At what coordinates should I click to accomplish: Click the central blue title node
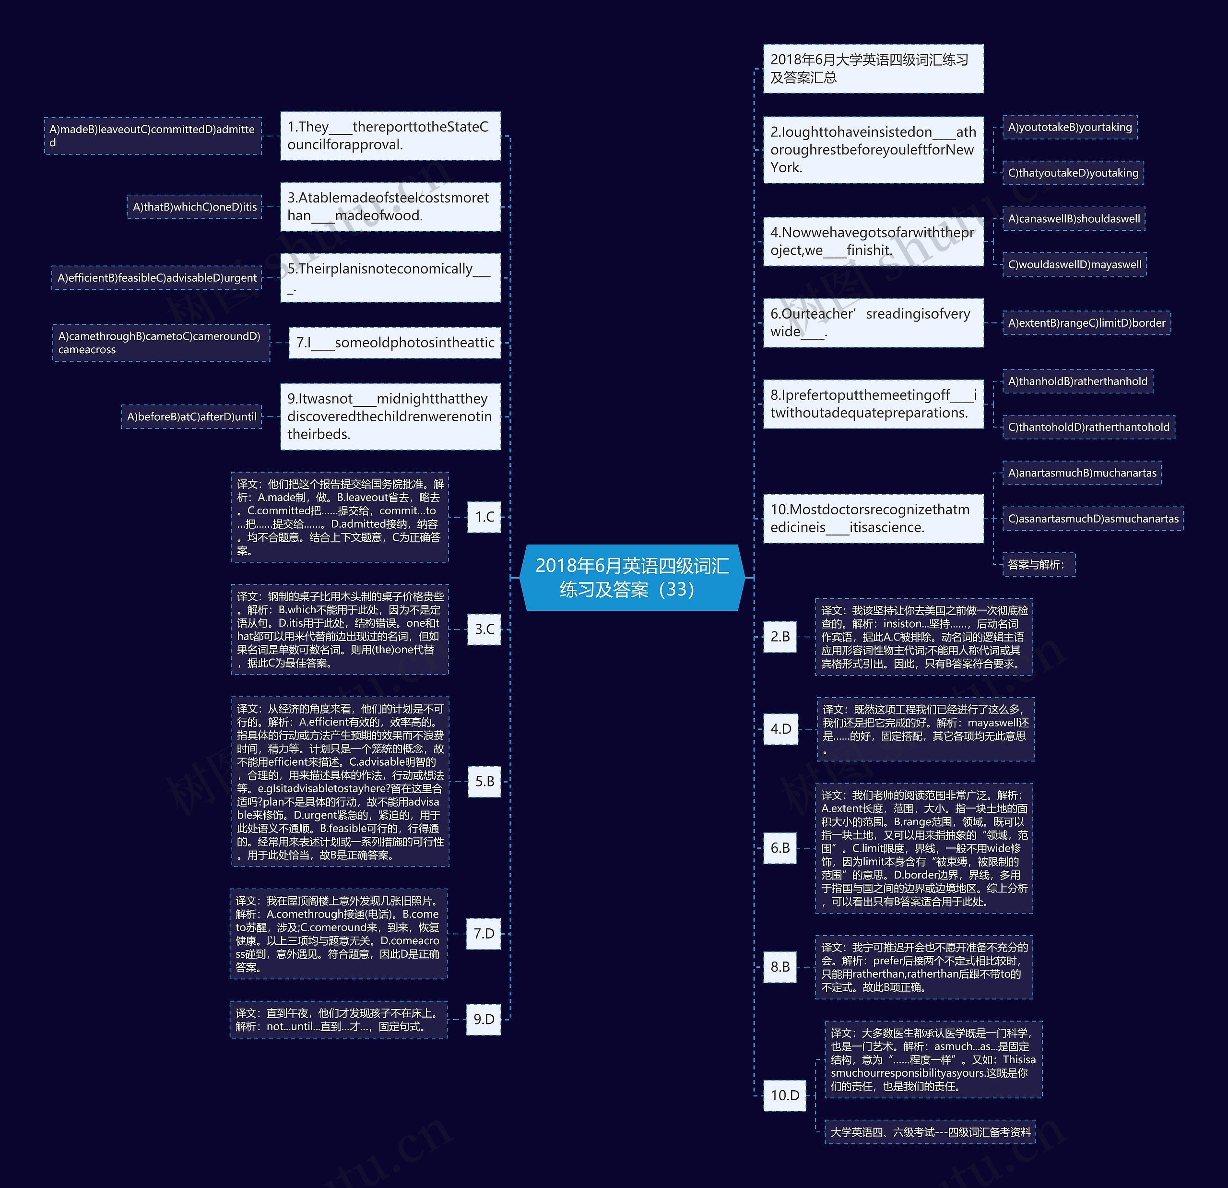click(x=632, y=577)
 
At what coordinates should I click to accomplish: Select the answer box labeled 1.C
click(x=484, y=517)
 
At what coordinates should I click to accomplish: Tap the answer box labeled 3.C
click(x=484, y=629)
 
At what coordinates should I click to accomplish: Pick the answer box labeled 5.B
click(x=484, y=781)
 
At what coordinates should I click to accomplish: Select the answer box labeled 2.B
click(x=780, y=637)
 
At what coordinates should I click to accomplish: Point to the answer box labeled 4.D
click(x=780, y=729)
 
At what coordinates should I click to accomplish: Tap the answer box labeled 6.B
click(x=780, y=848)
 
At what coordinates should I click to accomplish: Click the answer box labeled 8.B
click(x=780, y=967)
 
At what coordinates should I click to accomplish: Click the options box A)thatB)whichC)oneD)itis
click(x=194, y=207)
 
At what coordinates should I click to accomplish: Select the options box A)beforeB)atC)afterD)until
click(x=192, y=416)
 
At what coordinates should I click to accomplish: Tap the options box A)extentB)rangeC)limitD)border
click(x=1086, y=323)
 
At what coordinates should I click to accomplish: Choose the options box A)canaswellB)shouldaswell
click(x=1074, y=219)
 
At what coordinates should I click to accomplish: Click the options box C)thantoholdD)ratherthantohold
click(x=1088, y=428)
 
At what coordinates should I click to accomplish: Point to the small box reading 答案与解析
click(x=1038, y=565)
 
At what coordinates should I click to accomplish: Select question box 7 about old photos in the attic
click(x=395, y=343)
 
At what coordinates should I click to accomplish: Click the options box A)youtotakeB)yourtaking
click(x=1070, y=127)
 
